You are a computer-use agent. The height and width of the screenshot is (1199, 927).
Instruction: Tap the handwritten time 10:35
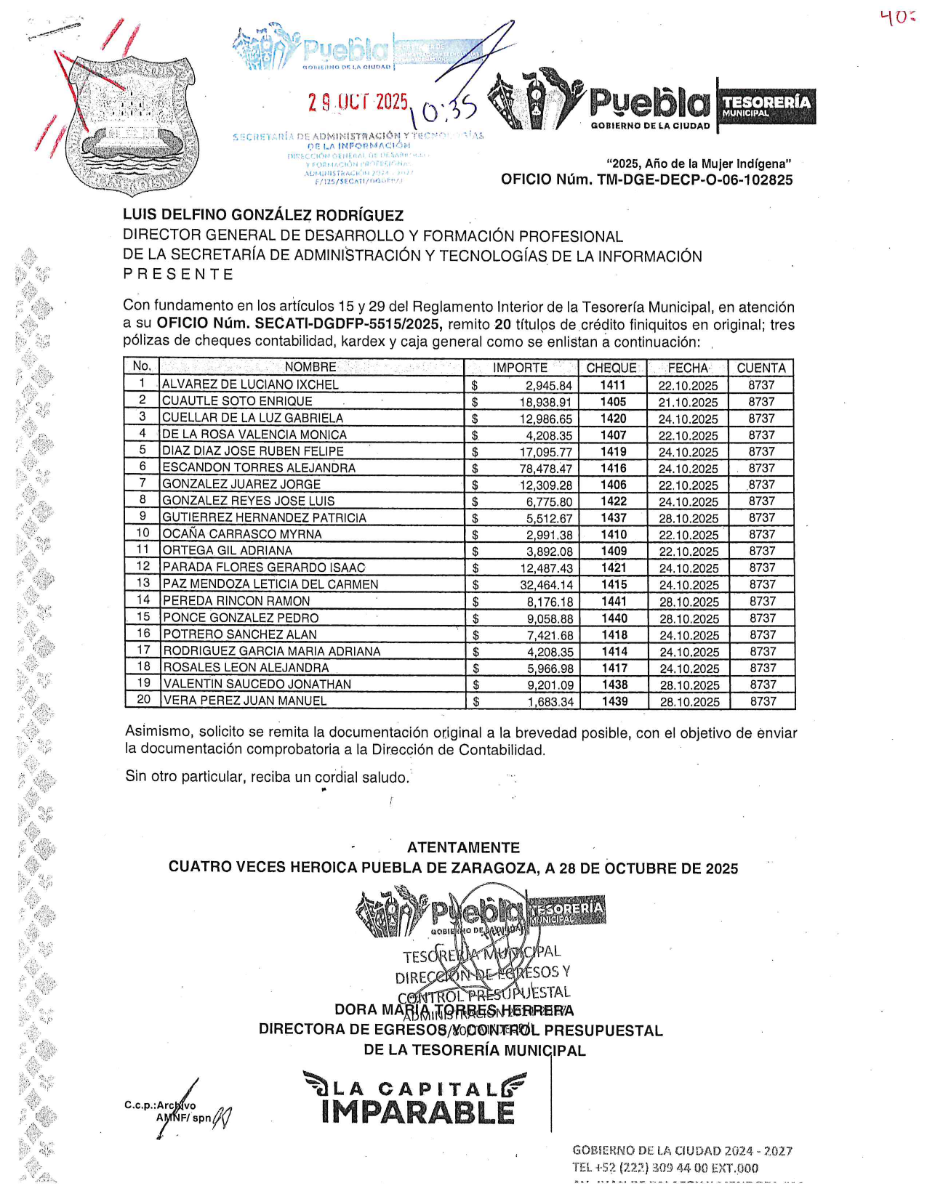pos(443,111)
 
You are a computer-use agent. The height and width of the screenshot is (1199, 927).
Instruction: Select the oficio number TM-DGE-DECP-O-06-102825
pos(646,180)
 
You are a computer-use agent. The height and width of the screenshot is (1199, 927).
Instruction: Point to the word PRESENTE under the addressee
pos(178,275)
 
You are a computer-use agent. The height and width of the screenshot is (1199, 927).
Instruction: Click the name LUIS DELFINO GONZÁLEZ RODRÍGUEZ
pos(263,215)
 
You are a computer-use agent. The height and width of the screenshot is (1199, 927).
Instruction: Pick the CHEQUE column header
pos(611,368)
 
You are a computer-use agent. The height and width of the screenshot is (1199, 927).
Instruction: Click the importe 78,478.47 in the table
pos(545,469)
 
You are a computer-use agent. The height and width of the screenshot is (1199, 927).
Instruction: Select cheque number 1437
pos(614,517)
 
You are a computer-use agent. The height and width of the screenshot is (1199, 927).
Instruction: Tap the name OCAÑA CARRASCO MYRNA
pos(241,534)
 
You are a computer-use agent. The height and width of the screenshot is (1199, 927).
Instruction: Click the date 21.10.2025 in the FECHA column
pos(688,403)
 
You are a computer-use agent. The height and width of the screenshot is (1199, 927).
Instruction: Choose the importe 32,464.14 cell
pos(546,584)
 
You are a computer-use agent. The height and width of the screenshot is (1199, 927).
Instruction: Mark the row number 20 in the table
pos(143,699)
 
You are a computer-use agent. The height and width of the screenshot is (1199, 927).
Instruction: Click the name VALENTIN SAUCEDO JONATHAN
pos(257,684)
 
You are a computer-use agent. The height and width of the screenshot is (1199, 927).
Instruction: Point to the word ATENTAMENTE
pos(463,848)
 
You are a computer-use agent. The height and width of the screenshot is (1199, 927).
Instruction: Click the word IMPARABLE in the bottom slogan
pos(417,1112)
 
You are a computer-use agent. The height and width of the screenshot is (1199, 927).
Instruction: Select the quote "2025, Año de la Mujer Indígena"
pos(698,164)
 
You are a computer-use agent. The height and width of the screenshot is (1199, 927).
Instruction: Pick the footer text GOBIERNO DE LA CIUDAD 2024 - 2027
pos(682,1150)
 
